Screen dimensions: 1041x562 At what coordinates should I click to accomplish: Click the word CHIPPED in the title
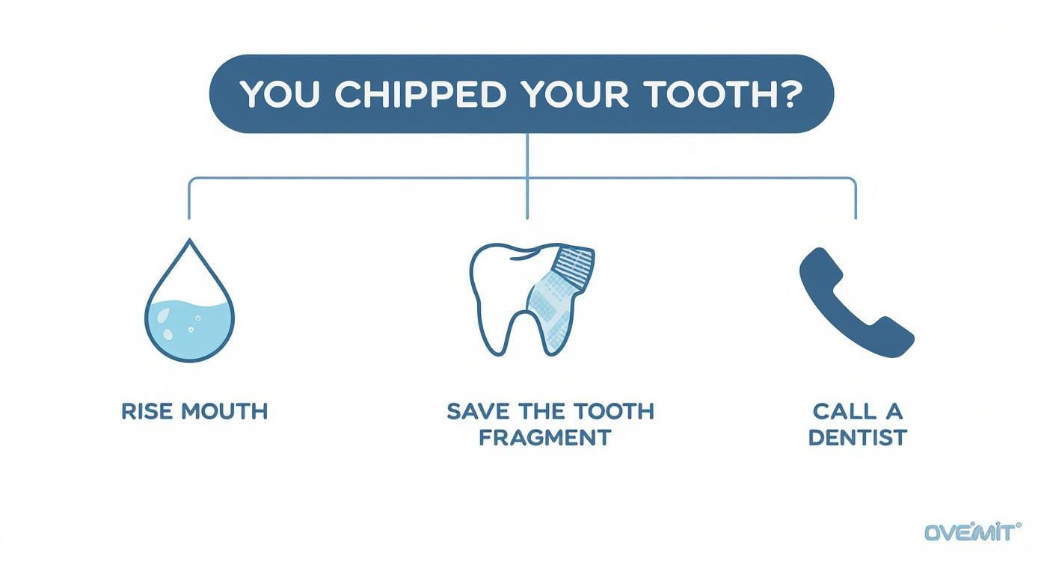click(420, 94)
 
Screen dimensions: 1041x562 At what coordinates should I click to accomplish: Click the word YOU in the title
click(280, 94)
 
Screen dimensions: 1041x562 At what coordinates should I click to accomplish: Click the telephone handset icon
click(856, 303)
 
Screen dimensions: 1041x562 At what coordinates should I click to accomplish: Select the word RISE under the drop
click(146, 412)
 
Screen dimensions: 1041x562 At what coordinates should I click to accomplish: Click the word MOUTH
click(224, 412)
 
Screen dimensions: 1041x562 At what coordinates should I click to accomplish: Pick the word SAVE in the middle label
click(477, 412)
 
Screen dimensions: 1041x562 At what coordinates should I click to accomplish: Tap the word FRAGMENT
click(544, 437)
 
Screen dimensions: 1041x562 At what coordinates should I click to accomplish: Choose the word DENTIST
click(858, 437)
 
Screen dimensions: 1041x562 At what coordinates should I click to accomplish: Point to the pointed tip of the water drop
click(190, 239)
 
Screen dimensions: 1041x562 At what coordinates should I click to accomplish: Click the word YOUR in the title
click(575, 94)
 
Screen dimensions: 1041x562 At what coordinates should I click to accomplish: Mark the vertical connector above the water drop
click(188, 199)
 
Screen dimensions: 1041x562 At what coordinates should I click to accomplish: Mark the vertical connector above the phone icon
click(856, 199)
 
